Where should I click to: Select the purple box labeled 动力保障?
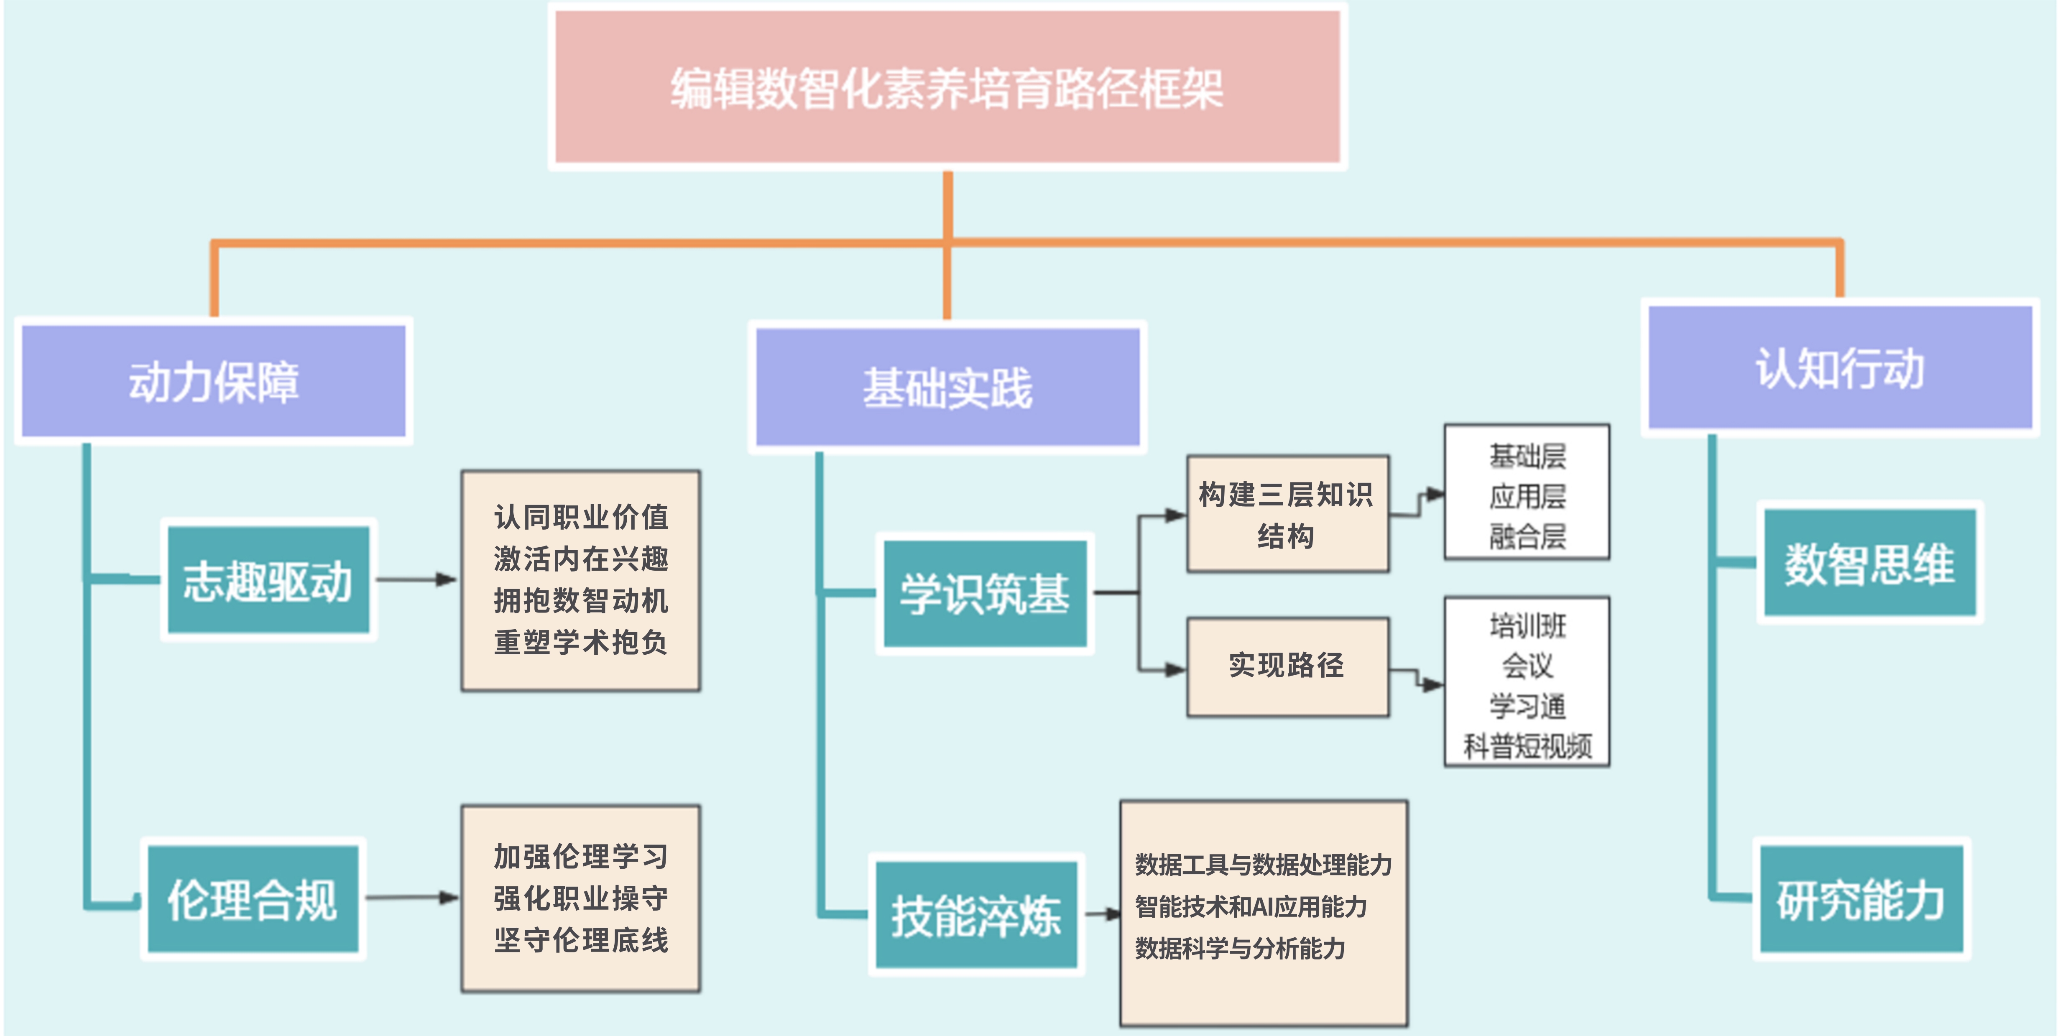(x=213, y=381)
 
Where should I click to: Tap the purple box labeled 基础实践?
(x=947, y=388)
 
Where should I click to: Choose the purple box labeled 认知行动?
(x=1840, y=368)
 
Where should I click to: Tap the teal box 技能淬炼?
(x=976, y=915)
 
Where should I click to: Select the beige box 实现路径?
(x=1287, y=665)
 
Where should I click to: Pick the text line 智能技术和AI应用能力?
(x=1251, y=906)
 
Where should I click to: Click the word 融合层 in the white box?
(x=1527, y=536)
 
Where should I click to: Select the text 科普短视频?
(x=1527, y=746)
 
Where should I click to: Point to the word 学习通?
(x=1527, y=706)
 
